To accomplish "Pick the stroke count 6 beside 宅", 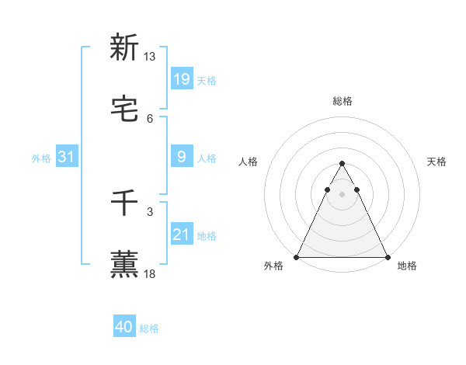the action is (150, 118).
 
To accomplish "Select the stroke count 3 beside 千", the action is (150, 211).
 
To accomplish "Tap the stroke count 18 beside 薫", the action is (150, 273).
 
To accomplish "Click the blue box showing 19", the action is (181, 79).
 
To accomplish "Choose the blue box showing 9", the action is (181, 157).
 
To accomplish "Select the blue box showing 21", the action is (181, 235).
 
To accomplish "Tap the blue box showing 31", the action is (67, 157).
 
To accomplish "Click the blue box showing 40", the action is (124, 327).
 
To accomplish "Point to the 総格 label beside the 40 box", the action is (149, 328).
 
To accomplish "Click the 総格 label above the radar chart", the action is (342, 101).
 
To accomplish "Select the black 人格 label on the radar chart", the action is (249, 162).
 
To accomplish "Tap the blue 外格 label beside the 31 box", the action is (41, 158).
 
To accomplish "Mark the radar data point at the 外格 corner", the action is (297, 256).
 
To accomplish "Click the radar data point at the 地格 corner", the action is (387, 256).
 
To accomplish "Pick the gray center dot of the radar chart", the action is (342, 194).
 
